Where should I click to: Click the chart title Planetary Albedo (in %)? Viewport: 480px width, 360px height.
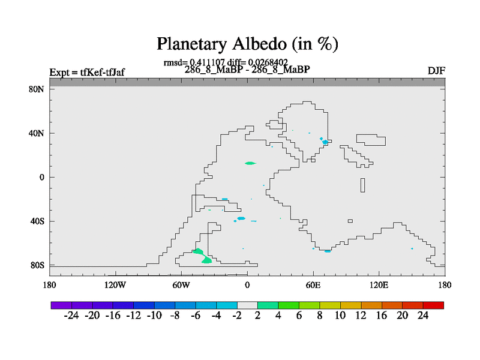[247, 44]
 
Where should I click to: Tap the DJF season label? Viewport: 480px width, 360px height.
[436, 71]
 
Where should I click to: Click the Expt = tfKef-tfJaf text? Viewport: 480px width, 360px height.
[87, 72]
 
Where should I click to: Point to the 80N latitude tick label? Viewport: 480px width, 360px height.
[37, 89]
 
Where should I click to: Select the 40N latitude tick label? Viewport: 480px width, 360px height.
[37, 133]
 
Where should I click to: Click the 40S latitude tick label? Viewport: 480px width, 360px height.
[37, 221]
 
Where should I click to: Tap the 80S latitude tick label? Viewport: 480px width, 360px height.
[37, 265]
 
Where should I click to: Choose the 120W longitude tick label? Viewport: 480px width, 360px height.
[115, 286]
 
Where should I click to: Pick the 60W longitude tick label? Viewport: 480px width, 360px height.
[181, 286]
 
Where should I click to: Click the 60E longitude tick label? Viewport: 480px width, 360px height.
[313, 286]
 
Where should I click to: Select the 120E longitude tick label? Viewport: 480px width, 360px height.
[379, 286]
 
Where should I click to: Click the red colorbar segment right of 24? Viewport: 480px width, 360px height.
[433, 305]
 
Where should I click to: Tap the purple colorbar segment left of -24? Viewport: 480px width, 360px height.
[61, 305]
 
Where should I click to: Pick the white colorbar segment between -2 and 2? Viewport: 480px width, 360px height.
[247, 305]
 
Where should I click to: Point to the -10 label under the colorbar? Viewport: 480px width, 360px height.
[154, 316]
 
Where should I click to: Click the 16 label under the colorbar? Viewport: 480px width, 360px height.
[382, 316]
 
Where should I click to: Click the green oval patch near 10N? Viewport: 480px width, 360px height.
[250, 163]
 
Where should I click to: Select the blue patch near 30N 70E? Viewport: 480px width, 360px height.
[325, 142]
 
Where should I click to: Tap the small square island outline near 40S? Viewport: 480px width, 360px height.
[350, 221]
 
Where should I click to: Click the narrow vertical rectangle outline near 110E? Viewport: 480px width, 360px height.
[363, 185]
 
